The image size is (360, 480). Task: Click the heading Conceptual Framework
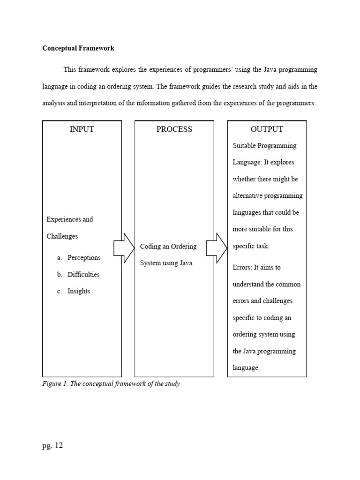[78, 48]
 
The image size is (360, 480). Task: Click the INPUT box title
[82, 129]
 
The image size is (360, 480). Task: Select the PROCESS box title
[174, 129]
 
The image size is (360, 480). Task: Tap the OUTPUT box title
[267, 129]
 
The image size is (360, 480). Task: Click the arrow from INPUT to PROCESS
[124, 248]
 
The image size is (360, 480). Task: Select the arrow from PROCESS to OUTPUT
[217, 248]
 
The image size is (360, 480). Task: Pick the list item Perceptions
[84, 258]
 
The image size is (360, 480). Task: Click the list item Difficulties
[83, 275]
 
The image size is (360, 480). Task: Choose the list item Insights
[79, 291]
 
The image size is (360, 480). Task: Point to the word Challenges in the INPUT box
[62, 236]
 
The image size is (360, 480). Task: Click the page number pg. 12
[52, 446]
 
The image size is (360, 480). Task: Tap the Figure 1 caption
[111, 384]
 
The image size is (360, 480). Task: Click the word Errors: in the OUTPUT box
[242, 268]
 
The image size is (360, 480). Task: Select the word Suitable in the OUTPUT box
[244, 146]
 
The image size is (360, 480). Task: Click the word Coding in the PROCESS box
[150, 247]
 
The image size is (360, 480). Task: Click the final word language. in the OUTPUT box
[246, 368]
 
